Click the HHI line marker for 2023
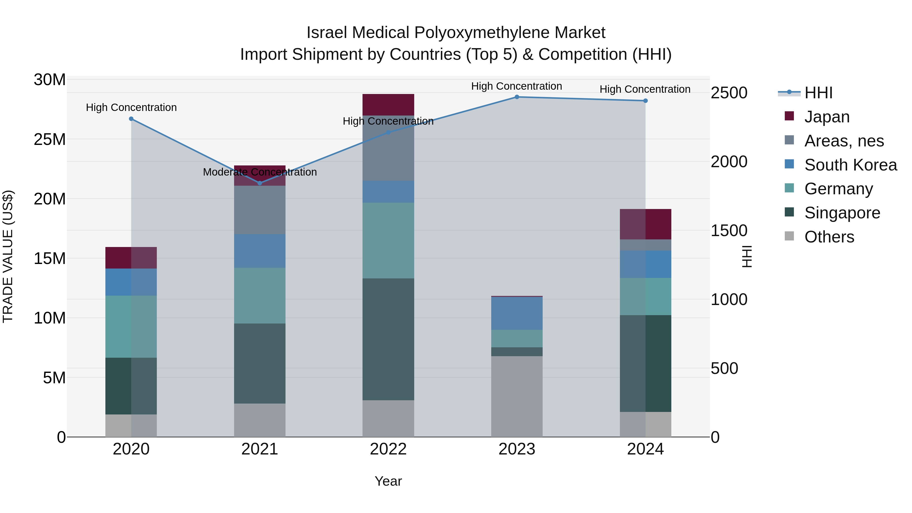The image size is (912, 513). pos(517,97)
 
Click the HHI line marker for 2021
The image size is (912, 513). pos(259,183)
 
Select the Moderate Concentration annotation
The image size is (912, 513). pos(259,172)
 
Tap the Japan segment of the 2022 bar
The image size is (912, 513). pos(388,105)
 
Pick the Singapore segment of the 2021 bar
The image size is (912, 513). pos(259,363)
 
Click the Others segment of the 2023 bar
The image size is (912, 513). pos(517,396)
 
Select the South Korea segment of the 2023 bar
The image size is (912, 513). pos(517,313)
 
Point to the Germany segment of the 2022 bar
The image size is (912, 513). pos(388,240)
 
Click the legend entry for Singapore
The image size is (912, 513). pos(842,213)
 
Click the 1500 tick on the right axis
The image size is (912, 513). pos(729,231)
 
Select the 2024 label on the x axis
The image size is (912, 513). pos(645,449)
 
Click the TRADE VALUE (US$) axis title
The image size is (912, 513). pos(8,256)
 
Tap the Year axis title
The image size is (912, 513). pos(388,481)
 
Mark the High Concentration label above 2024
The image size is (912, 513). pos(645,89)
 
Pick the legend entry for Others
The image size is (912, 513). pos(829,237)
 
